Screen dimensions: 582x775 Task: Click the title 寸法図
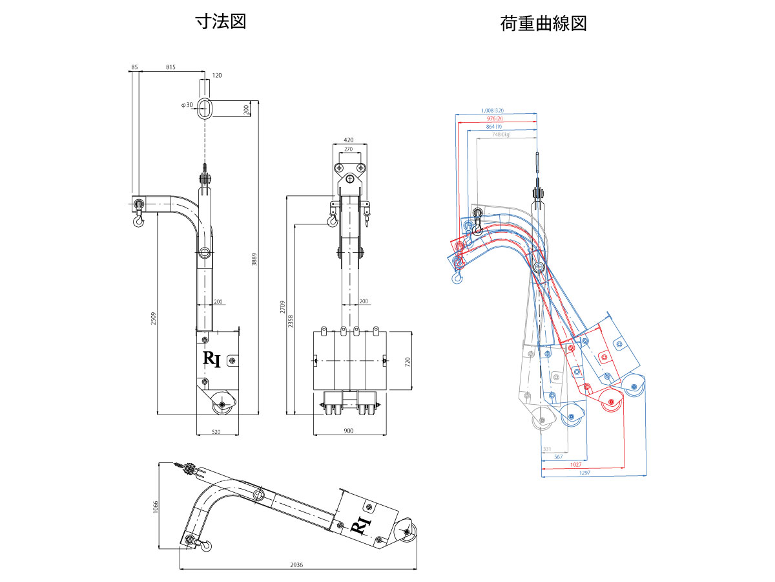coord(221,22)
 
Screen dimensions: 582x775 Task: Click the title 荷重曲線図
coord(543,24)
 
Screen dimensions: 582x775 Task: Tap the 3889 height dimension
coord(254,258)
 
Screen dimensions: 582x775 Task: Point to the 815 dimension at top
coord(171,67)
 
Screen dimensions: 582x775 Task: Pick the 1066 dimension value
coord(155,507)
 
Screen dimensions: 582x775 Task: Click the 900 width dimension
coord(349,431)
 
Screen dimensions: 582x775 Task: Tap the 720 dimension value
coord(408,361)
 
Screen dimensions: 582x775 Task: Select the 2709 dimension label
coord(282,307)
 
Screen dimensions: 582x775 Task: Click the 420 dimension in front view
coord(349,140)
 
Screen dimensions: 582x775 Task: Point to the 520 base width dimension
coord(216,431)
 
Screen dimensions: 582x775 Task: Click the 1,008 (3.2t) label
coord(496,111)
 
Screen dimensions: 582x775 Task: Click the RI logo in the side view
coord(212,359)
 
